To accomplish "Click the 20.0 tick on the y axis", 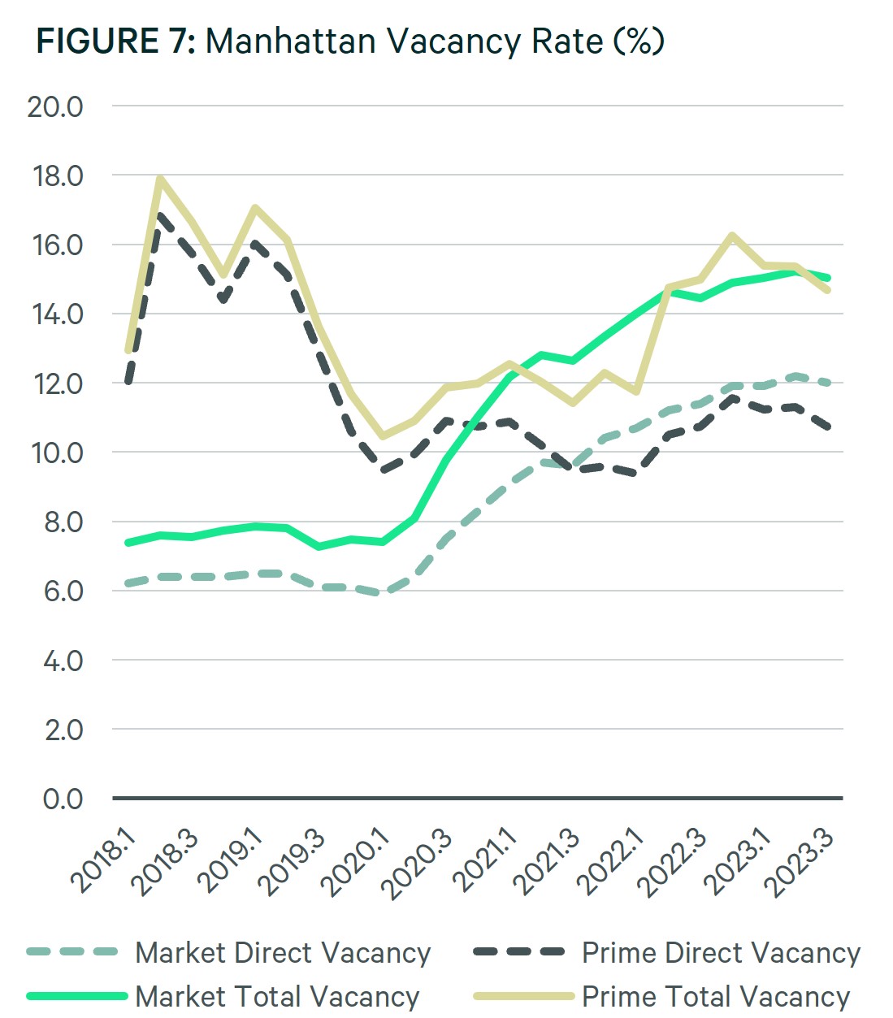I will click(55, 106).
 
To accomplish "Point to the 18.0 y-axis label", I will click(55, 175).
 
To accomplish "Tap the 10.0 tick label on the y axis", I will click(55, 453).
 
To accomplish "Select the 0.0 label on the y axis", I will click(63, 799).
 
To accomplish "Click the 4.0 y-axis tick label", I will click(63, 661).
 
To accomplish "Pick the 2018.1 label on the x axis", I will click(104, 860).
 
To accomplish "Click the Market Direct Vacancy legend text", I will click(282, 952).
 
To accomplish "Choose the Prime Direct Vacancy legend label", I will click(721, 952).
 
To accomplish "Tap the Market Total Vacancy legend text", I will click(277, 996).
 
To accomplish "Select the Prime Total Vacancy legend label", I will click(716, 996).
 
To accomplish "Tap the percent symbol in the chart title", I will click(639, 41).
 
